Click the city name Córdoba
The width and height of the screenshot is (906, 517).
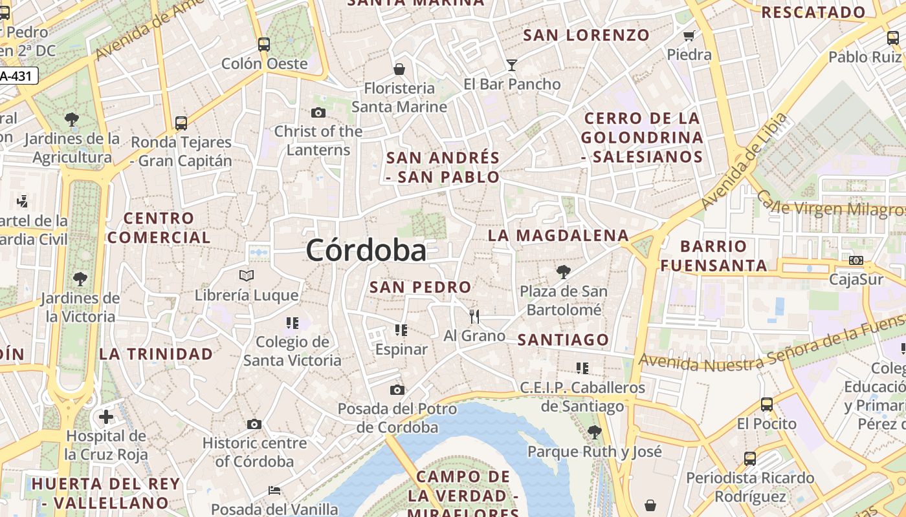(366, 250)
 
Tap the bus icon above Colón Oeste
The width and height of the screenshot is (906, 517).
(263, 44)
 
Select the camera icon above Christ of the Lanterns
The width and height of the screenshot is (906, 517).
(318, 112)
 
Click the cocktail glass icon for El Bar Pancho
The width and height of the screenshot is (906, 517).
(512, 65)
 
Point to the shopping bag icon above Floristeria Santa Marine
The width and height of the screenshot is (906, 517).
(399, 69)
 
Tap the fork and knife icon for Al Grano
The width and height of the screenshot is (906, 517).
(474, 316)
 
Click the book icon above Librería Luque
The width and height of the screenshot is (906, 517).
(247, 276)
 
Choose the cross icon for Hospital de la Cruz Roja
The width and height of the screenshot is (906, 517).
(106, 416)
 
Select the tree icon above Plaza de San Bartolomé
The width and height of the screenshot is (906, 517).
(564, 271)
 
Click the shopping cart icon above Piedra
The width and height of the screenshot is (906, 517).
(689, 36)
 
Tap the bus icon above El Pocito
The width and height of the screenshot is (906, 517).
(767, 405)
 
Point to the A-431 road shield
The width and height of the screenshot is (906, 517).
(18, 76)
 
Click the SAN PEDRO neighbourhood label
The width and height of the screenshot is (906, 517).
(420, 287)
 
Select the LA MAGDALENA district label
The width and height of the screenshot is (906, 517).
(558, 235)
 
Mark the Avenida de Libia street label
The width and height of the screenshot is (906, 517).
(744, 161)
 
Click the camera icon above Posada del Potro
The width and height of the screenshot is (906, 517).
(397, 390)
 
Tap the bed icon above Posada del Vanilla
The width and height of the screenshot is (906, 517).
(274, 491)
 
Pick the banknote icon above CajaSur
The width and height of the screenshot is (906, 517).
(856, 260)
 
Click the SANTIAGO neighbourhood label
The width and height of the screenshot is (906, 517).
(563, 339)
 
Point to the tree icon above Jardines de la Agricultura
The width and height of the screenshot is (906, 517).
(72, 119)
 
